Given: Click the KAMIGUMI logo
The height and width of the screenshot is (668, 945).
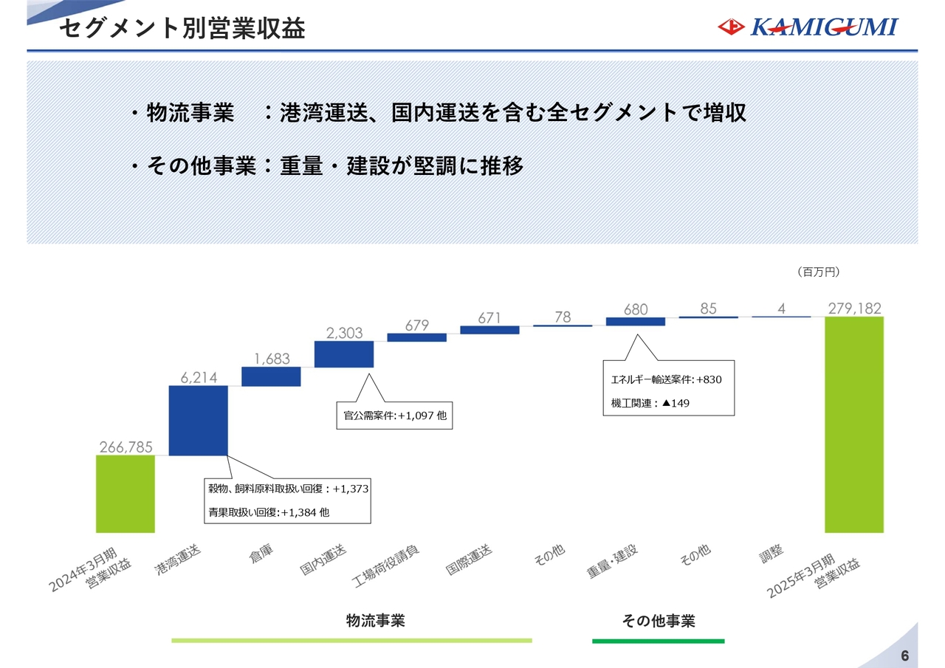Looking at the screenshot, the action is (x=808, y=27).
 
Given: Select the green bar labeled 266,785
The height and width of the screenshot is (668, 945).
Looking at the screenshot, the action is (x=126, y=494).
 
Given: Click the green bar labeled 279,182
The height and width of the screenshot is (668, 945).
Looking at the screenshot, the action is (x=854, y=424).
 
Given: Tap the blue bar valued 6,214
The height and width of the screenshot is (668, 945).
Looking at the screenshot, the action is (x=199, y=421).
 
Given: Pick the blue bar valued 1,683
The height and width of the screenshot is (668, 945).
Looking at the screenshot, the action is (x=271, y=376).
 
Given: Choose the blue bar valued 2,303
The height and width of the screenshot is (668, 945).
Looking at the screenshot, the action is (x=344, y=354).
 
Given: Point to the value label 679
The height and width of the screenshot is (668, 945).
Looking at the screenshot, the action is (x=417, y=326).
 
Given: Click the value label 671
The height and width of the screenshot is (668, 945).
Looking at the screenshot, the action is (x=489, y=317).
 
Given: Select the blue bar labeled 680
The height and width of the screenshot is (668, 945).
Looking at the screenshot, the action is (x=636, y=321).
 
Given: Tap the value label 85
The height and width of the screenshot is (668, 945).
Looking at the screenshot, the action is (x=708, y=309).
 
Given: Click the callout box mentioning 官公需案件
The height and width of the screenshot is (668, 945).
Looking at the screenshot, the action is (x=394, y=416).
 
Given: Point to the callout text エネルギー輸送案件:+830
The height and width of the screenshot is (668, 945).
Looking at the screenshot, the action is (x=666, y=379).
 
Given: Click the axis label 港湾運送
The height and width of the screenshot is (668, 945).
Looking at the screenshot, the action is (x=178, y=559).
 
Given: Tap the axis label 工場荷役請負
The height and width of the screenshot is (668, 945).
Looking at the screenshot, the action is (x=385, y=566).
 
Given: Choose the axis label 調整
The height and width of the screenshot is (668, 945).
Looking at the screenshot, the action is (x=772, y=554).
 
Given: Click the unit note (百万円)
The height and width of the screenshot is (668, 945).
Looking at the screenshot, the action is (x=818, y=272).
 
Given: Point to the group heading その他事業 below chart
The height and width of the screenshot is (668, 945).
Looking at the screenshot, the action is (x=658, y=621).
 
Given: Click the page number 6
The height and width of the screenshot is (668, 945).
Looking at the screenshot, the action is (x=905, y=655).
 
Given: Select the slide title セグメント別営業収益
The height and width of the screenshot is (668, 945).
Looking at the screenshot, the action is (x=182, y=29).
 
